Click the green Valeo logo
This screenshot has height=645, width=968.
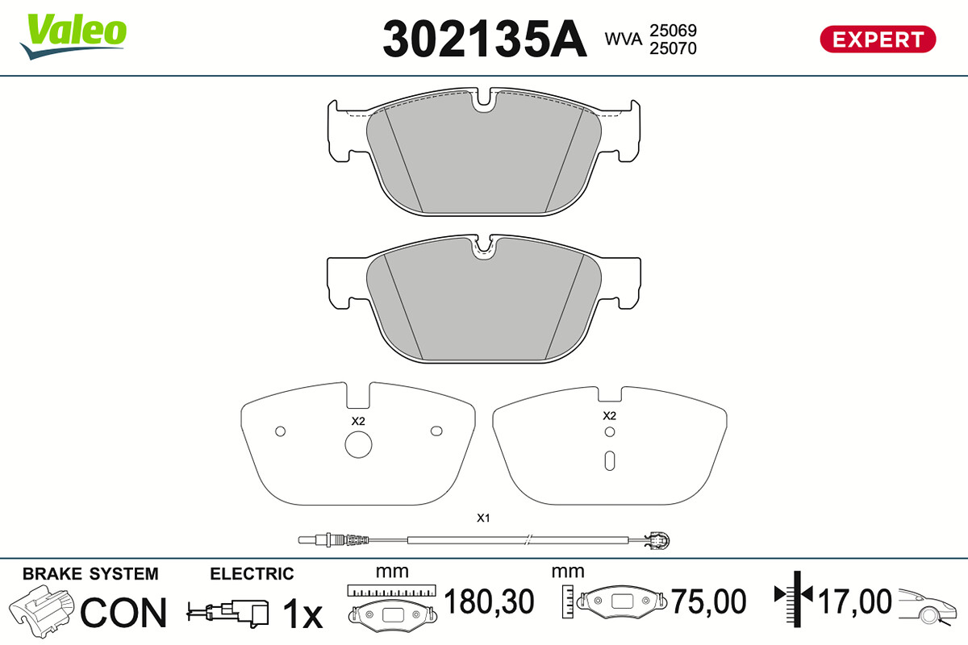coord(73,35)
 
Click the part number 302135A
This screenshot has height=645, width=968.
coord(485,40)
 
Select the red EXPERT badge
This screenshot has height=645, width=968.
coord(878,40)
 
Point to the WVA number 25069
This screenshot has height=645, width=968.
coord(673,31)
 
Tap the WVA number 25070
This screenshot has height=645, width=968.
coord(673,48)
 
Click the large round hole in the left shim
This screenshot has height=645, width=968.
coord(358,444)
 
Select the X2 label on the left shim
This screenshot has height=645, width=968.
coord(358,421)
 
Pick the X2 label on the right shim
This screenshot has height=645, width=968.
coord(609,416)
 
